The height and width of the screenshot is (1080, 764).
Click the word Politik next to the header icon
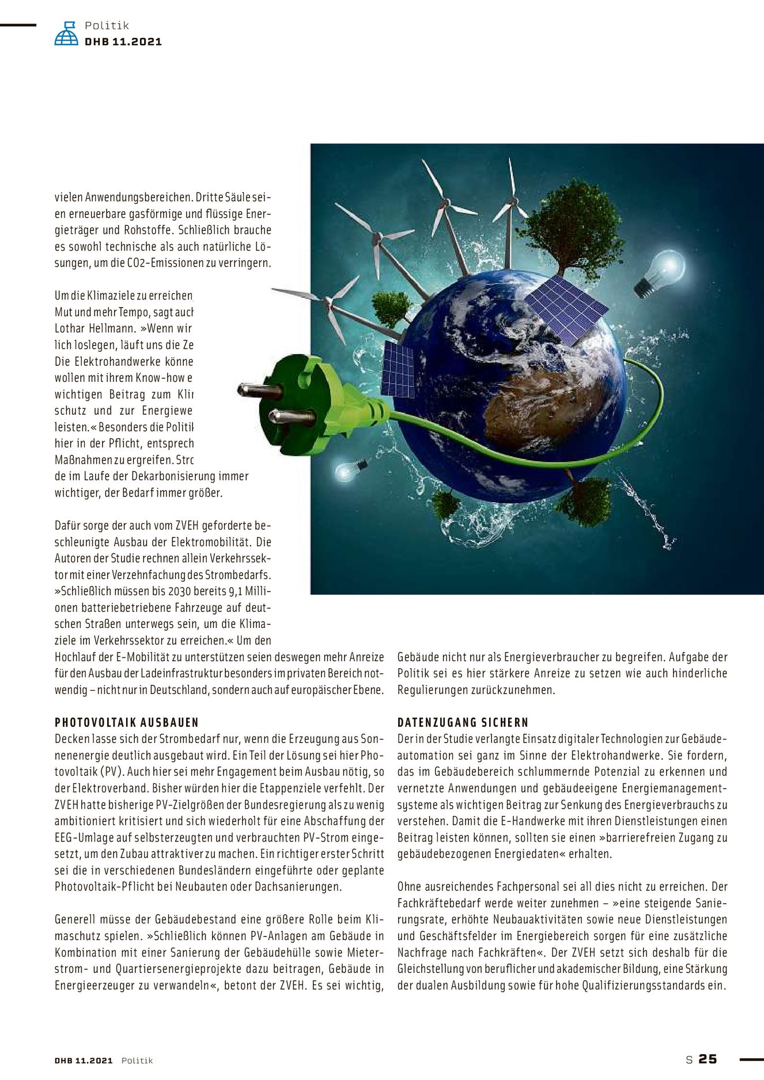point(107,25)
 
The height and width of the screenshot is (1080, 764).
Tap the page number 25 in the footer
point(708,1059)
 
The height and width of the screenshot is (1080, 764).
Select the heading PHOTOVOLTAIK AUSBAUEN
point(127,722)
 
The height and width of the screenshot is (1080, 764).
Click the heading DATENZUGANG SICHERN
point(463,722)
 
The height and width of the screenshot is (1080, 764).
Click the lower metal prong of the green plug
point(291,416)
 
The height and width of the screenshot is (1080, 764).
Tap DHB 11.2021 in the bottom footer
point(84,1060)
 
